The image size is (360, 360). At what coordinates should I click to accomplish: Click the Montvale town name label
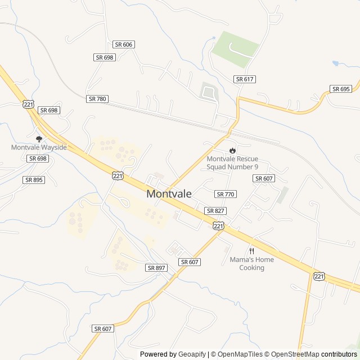[x=169, y=193]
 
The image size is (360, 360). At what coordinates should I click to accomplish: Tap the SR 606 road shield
[x=124, y=44]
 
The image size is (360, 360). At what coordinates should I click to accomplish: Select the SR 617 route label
[x=245, y=79]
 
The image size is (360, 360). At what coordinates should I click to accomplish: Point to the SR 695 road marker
[x=341, y=89]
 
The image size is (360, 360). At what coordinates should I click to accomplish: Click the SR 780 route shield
[x=97, y=98]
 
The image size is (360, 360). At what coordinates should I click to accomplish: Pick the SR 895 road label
[x=33, y=179]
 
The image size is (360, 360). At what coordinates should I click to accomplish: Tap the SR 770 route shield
[x=225, y=194]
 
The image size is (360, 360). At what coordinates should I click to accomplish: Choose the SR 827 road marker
[x=215, y=210]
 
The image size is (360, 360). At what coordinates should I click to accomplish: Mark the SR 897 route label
[x=156, y=268]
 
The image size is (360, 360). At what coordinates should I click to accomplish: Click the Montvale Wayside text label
[x=39, y=147]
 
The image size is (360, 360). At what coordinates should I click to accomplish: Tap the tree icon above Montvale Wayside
[x=39, y=138]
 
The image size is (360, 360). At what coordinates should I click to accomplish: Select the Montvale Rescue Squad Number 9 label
[x=232, y=163]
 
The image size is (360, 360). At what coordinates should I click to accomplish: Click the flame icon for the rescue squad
[x=232, y=150]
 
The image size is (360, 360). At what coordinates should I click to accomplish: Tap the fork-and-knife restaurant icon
[x=251, y=251]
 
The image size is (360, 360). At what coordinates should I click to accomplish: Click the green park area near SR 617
[x=235, y=47]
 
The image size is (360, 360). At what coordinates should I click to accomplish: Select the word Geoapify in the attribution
[x=192, y=354]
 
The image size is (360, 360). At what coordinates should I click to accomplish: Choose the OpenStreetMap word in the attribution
[x=296, y=354]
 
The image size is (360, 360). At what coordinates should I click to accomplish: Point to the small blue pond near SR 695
[x=336, y=64]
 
